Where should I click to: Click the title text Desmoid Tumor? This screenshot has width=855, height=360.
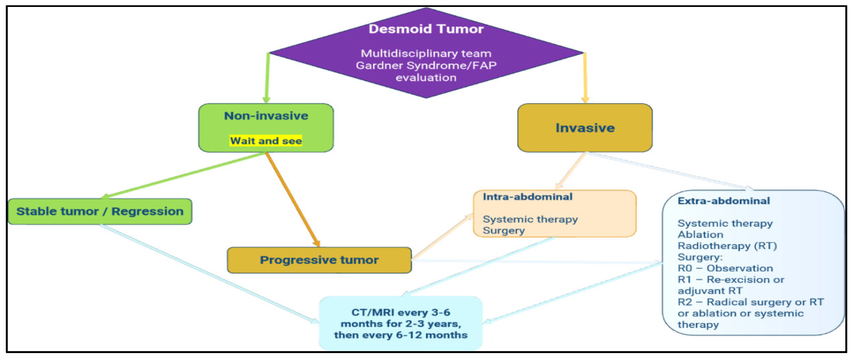click(x=426, y=29)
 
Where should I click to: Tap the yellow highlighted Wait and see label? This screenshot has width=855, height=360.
click(x=266, y=141)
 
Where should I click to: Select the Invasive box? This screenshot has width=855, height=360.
click(x=585, y=128)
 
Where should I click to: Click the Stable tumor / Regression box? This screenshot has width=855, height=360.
click(x=100, y=211)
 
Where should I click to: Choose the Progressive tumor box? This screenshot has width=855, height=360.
click(x=319, y=260)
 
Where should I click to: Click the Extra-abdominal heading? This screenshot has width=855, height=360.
click(x=723, y=201)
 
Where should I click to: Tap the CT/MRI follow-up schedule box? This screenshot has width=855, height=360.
click(x=401, y=323)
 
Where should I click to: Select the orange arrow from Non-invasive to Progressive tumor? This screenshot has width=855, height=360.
click(x=292, y=199)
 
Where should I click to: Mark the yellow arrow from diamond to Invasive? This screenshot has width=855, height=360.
click(x=585, y=78)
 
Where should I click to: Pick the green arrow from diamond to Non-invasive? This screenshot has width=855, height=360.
click(x=267, y=78)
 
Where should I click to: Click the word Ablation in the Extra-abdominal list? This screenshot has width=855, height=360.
click(x=700, y=234)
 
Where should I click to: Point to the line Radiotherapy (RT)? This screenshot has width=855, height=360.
click(x=727, y=246)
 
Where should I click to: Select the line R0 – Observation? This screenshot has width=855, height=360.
click(x=725, y=268)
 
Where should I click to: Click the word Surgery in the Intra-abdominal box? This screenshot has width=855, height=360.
click(x=504, y=231)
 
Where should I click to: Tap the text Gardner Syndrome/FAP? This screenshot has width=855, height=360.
click(x=426, y=65)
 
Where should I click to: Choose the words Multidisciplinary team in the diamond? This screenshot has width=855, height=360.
click(x=426, y=53)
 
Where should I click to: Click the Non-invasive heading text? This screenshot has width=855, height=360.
click(x=266, y=116)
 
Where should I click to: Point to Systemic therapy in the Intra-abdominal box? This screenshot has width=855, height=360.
click(x=530, y=219)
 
